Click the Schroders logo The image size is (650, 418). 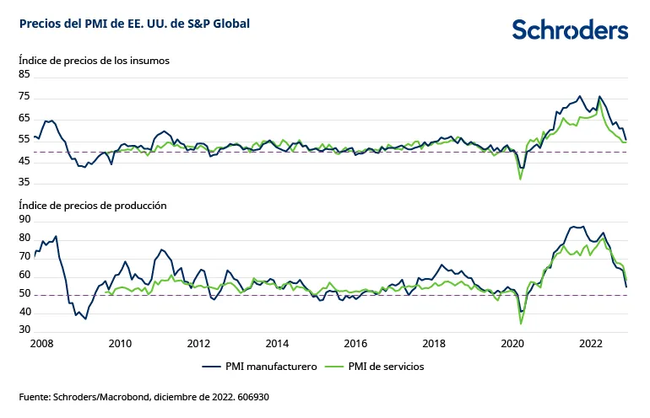coord(570,29)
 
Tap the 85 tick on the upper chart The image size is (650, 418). coord(24,74)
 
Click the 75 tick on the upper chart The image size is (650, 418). coord(24,96)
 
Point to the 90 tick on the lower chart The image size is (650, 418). coord(24,219)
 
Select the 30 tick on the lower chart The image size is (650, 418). coord(24,330)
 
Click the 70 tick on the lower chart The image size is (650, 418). coord(24,256)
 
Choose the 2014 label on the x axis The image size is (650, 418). coord(277,343)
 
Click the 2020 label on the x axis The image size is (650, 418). coord(512,343)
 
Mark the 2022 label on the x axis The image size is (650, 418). coord(590,343)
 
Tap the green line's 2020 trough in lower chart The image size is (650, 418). coord(521,323)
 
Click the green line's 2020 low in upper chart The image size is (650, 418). coord(520,179)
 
